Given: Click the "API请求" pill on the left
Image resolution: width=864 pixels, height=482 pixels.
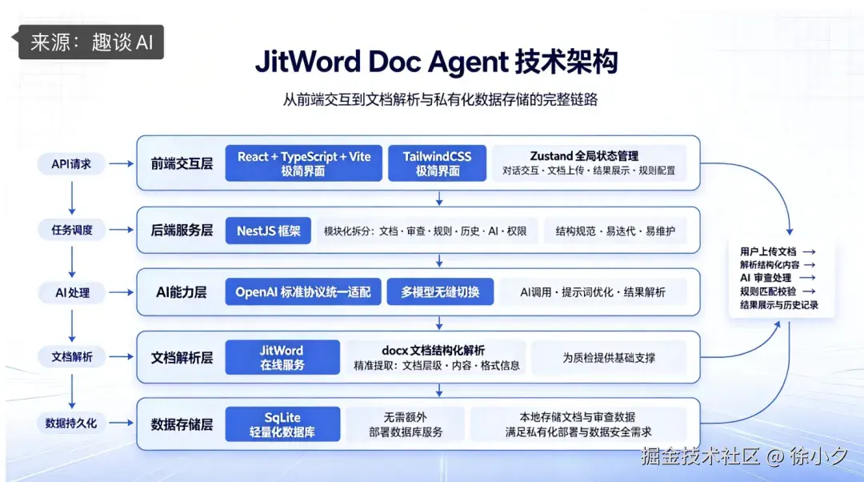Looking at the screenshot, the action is (x=71, y=164).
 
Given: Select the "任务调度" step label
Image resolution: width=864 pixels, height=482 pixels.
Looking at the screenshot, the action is (x=72, y=230).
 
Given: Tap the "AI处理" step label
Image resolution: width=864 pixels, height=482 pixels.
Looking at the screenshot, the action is (x=72, y=293).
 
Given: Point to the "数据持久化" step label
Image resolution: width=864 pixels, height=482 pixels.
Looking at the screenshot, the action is (x=72, y=423).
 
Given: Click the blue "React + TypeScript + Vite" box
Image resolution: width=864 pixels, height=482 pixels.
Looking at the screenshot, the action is (x=304, y=163).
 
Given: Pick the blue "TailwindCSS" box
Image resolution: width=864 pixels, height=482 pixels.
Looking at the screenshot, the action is (x=437, y=163).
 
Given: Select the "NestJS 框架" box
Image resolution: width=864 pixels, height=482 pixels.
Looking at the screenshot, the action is (x=268, y=231).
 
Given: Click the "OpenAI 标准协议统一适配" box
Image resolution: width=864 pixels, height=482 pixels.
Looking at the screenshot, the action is (x=303, y=291).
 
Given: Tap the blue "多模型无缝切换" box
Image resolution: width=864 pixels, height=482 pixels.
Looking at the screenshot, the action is (x=440, y=291).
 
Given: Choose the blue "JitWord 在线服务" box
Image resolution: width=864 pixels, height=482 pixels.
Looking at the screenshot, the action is (x=282, y=357).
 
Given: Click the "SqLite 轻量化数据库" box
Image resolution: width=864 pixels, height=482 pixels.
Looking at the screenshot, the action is (x=282, y=424).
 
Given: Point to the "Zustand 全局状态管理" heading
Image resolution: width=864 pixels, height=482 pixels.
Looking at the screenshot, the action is (x=584, y=156).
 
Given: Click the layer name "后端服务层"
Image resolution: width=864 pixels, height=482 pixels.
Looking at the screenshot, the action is (x=182, y=231).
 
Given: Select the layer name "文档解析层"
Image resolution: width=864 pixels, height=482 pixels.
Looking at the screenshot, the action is (x=182, y=358).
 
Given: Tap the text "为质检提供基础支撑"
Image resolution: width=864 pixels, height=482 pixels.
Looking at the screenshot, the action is (x=609, y=358).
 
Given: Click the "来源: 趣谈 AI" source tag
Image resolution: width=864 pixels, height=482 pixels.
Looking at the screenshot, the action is (x=91, y=42).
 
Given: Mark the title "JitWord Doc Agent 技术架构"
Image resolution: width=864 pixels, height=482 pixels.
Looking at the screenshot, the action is (x=437, y=61).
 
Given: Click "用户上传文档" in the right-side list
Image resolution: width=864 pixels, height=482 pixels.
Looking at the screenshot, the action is (x=768, y=251).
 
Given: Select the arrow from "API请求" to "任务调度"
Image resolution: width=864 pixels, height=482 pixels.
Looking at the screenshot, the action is (x=72, y=198).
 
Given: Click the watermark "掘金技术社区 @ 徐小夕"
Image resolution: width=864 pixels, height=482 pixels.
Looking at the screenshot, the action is (x=743, y=456).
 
